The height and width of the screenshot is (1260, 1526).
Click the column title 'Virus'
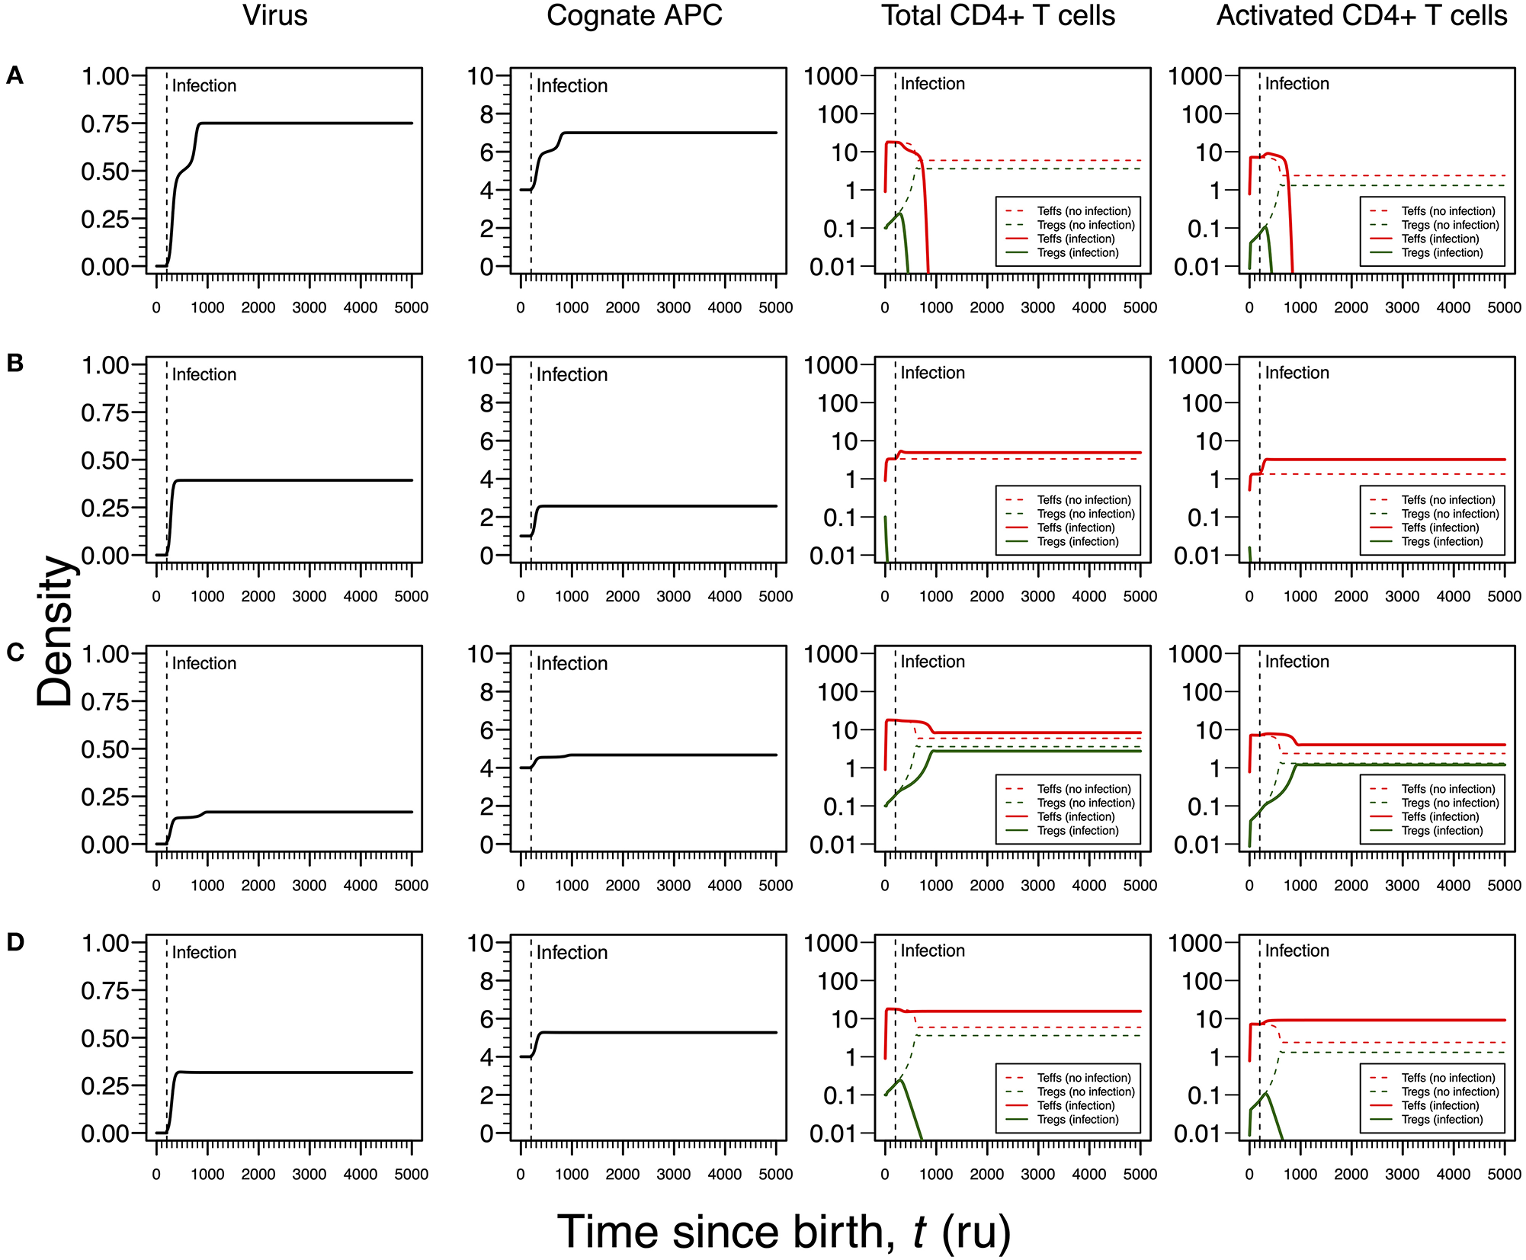coord(275,16)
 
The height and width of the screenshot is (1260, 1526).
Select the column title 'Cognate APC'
coord(634,16)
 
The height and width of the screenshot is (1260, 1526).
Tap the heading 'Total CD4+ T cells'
coord(998,16)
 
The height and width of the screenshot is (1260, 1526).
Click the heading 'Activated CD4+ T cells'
coord(1361,16)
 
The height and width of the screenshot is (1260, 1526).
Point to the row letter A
coord(14,75)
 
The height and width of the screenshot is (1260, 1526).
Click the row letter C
coord(14,652)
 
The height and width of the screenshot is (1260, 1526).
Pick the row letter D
coord(14,942)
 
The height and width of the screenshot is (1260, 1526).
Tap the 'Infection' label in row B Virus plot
coord(204,375)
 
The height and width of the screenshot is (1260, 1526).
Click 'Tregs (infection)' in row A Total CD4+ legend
coord(1077,253)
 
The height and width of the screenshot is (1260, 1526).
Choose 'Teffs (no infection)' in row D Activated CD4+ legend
coord(1447,1078)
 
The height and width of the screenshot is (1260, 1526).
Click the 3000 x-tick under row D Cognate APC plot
coord(674,1175)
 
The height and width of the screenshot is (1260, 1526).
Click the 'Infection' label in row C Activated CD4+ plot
coord(1297,662)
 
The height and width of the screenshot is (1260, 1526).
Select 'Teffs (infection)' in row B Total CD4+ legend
coord(1076,527)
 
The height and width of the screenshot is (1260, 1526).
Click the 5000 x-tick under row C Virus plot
coord(412,886)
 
